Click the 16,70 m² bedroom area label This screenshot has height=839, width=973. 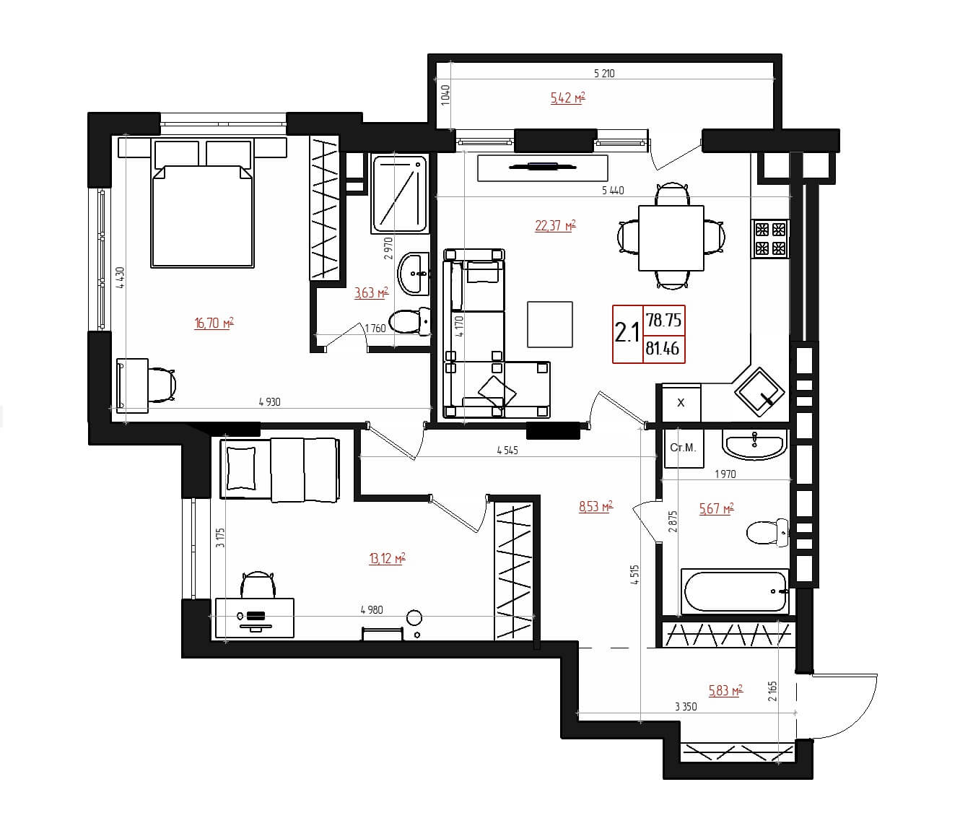tap(214, 323)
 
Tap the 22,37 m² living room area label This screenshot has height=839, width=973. tap(556, 226)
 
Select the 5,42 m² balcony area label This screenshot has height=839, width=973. tap(567, 98)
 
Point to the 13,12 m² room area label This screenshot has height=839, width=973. tap(387, 559)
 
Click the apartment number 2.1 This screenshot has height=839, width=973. tap(627, 334)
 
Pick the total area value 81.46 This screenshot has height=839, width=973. tap(663, 349)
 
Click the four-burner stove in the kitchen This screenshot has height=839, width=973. tap(770, 239)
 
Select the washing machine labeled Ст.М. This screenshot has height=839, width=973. tap(684, 448)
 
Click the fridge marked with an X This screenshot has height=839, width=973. tap(681, 403)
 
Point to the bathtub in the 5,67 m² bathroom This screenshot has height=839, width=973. tap(734, 591)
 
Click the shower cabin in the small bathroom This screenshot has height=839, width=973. tap(400, 194)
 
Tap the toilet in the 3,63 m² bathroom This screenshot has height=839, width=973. tap(410, 321)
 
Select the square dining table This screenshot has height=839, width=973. tap(671, 238)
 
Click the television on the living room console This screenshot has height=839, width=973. tap(542, 166)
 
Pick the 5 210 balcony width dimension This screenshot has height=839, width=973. tap(604, 74)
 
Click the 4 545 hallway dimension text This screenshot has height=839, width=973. tap(507, 451)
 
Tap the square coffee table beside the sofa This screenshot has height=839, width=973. tap(550, 324)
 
